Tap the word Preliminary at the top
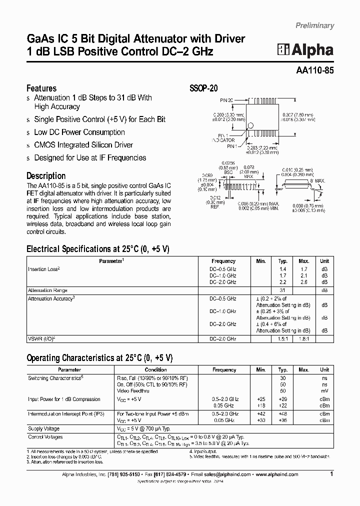coord(314,25)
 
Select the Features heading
coord(41,88)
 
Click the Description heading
coord(46,176)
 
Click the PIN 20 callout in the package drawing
coord(227,100)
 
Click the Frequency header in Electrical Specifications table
coord(223,261)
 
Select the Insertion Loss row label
coord(44,269)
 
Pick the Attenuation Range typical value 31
coord(282,290)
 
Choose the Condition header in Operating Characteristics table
coord(156,369)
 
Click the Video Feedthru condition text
coord(133,390)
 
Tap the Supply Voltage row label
coord(43,428)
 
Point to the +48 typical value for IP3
coord(282,414)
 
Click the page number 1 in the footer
coord(331,474)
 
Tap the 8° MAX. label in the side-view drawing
coord(317,180)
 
